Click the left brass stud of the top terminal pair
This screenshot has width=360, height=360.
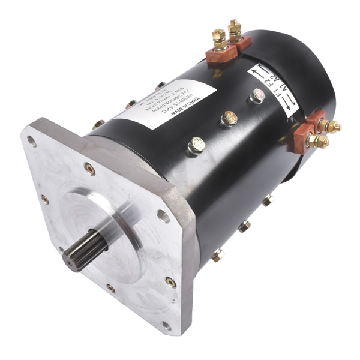coord(219,37)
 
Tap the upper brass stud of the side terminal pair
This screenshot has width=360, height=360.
coord(329,125)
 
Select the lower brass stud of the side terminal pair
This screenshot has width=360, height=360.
coord(320,142)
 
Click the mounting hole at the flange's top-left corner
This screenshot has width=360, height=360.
coord(31,142)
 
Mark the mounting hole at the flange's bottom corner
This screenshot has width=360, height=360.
coord(166,326)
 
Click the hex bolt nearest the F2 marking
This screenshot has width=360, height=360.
coord(257,95)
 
